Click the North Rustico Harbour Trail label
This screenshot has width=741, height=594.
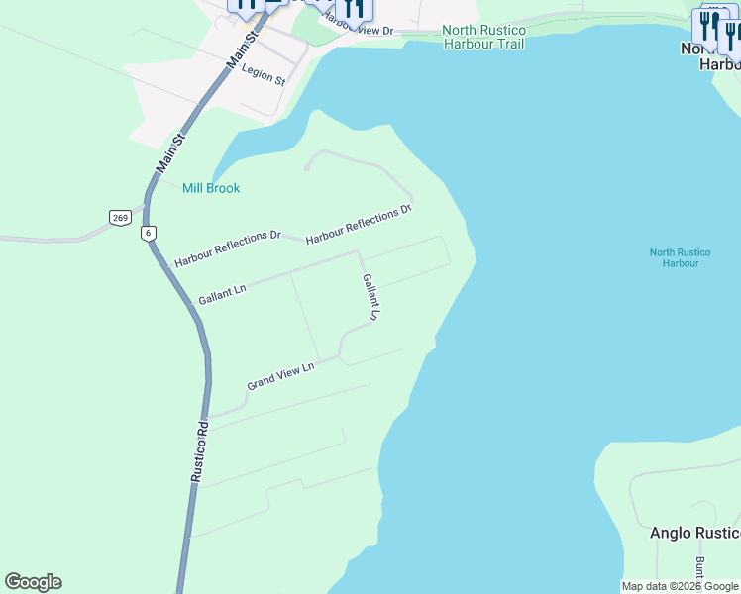pos(483,37)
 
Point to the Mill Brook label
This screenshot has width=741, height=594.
pos(211,188)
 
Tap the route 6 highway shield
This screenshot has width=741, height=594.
pos(149,233)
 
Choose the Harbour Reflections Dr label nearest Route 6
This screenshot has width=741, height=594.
pos(228,249)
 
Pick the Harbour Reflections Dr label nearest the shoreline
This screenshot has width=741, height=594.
pos(359,225)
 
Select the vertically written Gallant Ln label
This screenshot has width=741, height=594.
pos(370,297)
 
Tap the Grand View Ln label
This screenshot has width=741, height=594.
pos(280,375)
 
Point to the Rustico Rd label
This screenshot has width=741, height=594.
pos(199,451)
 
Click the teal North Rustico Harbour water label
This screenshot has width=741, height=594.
pos(675,257)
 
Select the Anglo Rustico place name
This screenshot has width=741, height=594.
pos(694,533)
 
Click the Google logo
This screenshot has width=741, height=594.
pos(33,582)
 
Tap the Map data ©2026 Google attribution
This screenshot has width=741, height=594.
pos(680,586)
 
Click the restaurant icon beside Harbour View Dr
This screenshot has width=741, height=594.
pos(356,8)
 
